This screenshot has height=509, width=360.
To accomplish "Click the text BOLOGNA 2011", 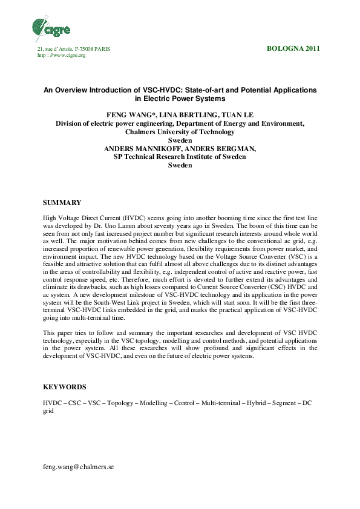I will [x=293, y=48].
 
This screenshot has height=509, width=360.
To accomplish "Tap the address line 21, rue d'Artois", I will [x=74, y=49].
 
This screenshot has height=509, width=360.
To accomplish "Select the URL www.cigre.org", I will [x=67, y=55].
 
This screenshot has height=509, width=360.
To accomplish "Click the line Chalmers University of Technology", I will [x=180, y=131].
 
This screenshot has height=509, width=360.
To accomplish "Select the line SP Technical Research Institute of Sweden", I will [x=180, y=157].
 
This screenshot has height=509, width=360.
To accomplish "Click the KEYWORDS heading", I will [x=64, y=386].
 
